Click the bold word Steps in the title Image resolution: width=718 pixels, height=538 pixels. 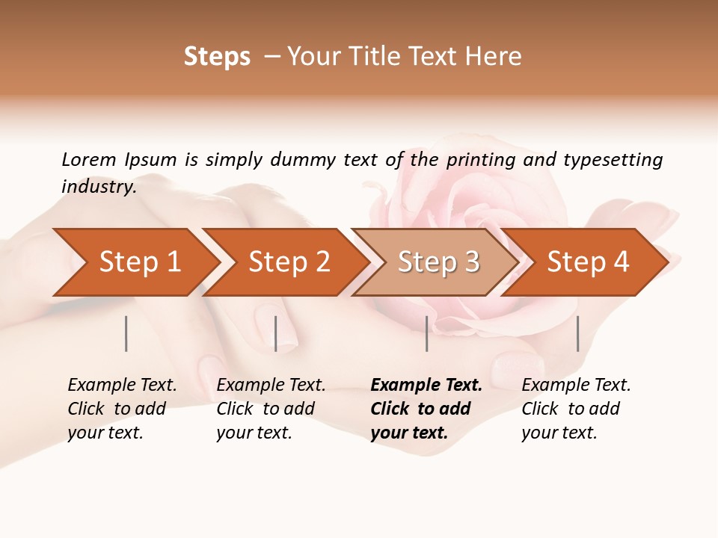coord(217,57)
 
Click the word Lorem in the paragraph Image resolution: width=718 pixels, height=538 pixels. coord(88,160)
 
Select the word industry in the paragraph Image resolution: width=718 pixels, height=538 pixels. coord(99,187)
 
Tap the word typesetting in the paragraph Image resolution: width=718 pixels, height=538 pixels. coord(613,160)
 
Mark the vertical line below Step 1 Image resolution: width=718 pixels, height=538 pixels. coord(126,333)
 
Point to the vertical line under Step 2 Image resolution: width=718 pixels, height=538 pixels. coord(275,333)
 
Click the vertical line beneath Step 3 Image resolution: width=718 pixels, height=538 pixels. coord(426,333)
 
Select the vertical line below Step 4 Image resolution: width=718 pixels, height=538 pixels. coord(577,333)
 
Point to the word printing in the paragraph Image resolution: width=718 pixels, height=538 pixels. coord(481,160)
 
